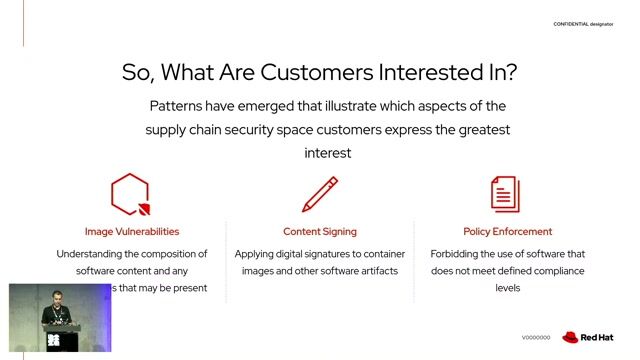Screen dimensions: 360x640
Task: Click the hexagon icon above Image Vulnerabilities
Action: pos(130,194)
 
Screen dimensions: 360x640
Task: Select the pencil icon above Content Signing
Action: pos(319,194)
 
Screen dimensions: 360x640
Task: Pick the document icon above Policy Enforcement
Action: pos(505,194)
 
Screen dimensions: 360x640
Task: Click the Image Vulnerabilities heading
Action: pos(132,231)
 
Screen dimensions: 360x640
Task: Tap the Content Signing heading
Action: pos(319,231)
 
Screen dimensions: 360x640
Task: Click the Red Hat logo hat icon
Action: pos(572,338)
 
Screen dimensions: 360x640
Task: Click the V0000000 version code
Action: pos(536,338)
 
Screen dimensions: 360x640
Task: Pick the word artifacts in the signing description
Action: pos(375,271)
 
